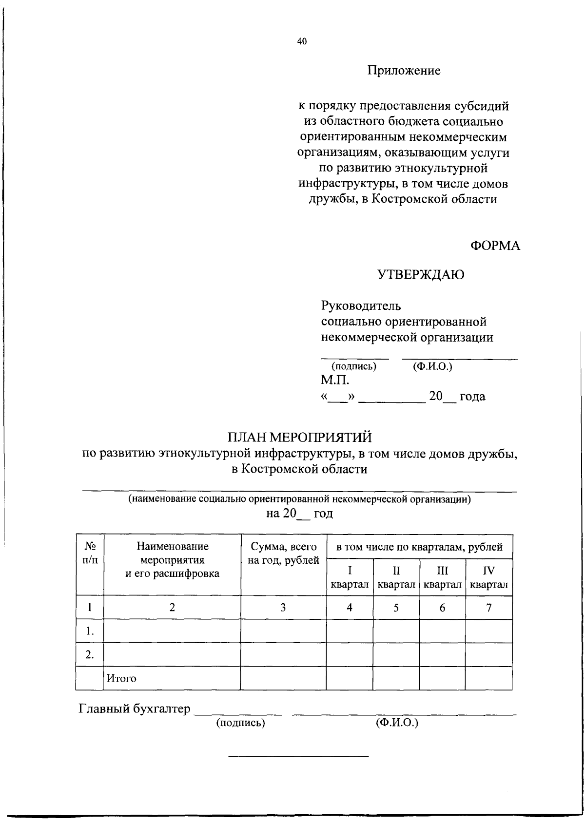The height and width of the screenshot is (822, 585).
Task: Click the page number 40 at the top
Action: (302, 42)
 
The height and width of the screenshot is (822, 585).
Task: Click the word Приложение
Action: (404, 71)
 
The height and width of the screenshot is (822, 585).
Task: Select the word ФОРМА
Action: (495, 247)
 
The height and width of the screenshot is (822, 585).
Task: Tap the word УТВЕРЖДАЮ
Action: (421, 276)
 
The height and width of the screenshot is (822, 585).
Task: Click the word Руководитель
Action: (361, 306)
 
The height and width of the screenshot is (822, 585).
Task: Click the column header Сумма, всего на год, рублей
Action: (283, 554)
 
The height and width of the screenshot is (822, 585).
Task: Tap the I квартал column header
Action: (350, 577)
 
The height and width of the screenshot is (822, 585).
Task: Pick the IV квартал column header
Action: (488, 577)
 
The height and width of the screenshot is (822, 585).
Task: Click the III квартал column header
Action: (442, 577)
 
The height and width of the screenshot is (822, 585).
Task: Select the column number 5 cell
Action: (396, 608)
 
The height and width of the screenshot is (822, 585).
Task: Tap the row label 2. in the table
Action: (89, 654)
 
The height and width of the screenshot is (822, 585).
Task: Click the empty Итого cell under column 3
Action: (283, 678)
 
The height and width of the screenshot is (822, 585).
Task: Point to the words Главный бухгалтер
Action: (134, 709)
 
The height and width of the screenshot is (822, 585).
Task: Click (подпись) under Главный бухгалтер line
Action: (240, 723)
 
